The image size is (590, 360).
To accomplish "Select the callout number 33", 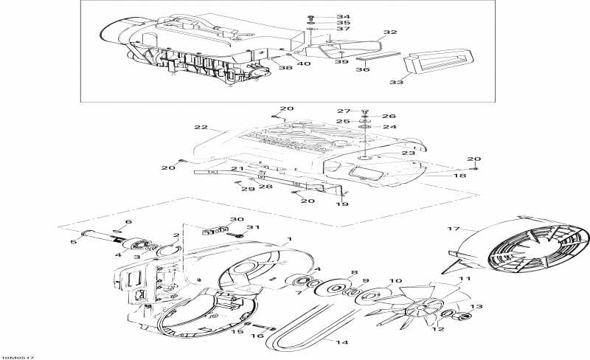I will [397, 83].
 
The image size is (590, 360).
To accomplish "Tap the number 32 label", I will [390, 32].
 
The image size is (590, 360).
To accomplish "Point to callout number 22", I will [201, 128].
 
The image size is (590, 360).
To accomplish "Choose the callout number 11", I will [465, 279].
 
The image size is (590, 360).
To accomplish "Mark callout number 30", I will [236, 220].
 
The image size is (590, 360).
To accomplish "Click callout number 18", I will [440, 177].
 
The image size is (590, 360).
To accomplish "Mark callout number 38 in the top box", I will [285, 68].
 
